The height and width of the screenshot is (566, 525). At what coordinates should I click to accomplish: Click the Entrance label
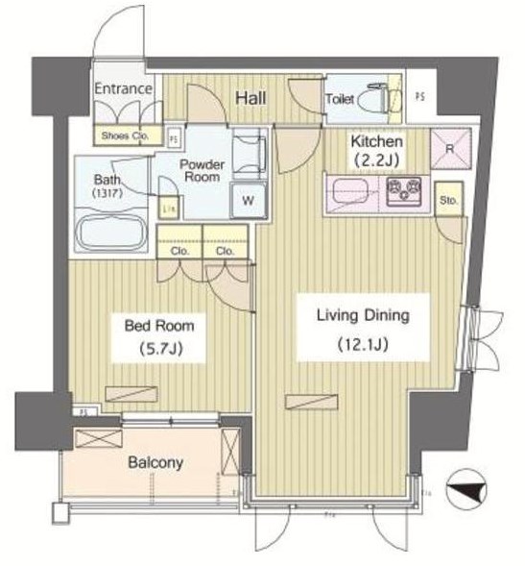pos(124,89)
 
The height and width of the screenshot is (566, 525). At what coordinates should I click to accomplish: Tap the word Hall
pos(251,98)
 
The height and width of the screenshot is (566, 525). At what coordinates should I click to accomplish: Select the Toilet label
pos(341,99)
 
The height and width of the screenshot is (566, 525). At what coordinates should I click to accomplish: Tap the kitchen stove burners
pos(407,191)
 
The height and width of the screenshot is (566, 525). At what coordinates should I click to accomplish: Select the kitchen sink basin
pos(350,191)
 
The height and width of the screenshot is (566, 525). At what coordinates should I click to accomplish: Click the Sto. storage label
pos(447,201)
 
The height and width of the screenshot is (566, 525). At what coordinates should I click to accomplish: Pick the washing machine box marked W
pos(248,200)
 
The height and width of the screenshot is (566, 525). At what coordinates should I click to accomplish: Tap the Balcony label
pos(155,462)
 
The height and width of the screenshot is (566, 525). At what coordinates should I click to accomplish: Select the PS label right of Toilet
pos(419,96)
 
